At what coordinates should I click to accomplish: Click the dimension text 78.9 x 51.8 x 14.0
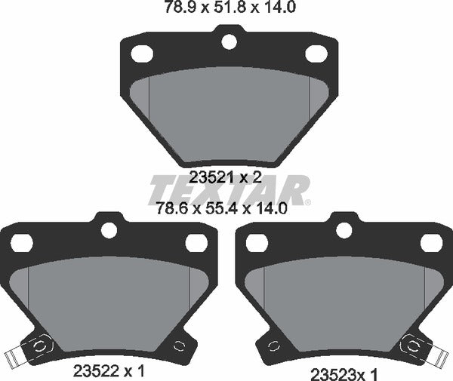tap(230, 7)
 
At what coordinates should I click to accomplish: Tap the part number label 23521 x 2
tap(225, 177)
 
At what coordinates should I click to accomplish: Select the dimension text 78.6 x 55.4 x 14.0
tap(221, 207)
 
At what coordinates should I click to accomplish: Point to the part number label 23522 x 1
tap(109, 371)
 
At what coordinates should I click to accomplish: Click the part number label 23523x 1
tap(344, 375)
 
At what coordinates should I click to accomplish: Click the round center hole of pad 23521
tap(229, 41)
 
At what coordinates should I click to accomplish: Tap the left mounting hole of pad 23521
tap(142, 54)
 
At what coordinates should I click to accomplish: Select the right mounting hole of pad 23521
tap(316, 54)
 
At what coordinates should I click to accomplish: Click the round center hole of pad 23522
tap(109, 230)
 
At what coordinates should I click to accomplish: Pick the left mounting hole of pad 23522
tap(22, 242)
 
